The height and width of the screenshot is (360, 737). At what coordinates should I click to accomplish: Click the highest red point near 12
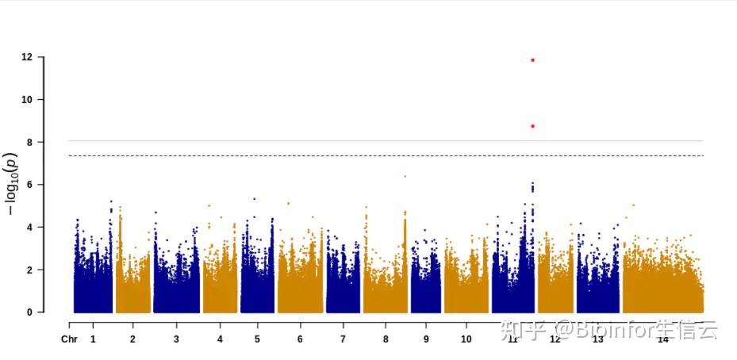pyautogui.click(x=532, y=60)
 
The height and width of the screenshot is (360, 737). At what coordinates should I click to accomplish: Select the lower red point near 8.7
pyautogui.click(x=532, y=126)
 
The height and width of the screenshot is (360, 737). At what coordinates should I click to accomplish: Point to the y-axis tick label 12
pyautogui.click(x=27, y=57)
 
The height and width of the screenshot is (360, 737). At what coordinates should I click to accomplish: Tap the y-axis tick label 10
pyautogui.click(x=27, y=100)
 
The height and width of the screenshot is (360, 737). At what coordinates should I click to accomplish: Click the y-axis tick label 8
pyautogui.click(x=29, y=142)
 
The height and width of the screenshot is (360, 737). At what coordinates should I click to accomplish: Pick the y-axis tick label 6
pyautogui.click(x=29, y=185)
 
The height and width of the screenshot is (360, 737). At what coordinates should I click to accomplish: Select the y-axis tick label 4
pyautogui.click(x=29, y=228)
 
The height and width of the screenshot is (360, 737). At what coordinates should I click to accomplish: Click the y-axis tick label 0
pyautogui.click(x=29, y=312)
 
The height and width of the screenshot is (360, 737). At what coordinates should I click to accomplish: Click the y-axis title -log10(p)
pyautogui.click(x=11, y=184)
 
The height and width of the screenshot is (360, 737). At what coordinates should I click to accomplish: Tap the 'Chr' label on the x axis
pyautogui.click(x=69, y=339)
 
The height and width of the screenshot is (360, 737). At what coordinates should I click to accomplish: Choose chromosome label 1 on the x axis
pyautogui.click(x=93, y=339)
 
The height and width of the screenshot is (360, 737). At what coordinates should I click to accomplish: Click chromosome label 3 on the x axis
pyautogui.click(x=175, y=339)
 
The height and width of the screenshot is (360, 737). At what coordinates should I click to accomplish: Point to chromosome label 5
pyautogui.click(x=257, y=339)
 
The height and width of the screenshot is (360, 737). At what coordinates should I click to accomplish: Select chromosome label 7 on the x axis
pyautogui.click(x=343, y=339)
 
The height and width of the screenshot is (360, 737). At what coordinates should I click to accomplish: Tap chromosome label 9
pyautogui.click(x=426, y=339)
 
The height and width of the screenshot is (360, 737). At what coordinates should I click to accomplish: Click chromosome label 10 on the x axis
pyautogui.click(x=466, y=339)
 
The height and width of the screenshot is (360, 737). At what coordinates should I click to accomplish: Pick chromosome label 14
pyautogui.click(x=662, y=339)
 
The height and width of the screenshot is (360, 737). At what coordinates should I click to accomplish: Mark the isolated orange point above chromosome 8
pyautogui.click(x=405, y=176)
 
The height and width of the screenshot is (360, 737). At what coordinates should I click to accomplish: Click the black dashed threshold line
pyautogui.click(x=317, y=155)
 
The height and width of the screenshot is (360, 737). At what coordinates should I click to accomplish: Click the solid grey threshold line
pyautogui.click(x=317, y=141)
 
